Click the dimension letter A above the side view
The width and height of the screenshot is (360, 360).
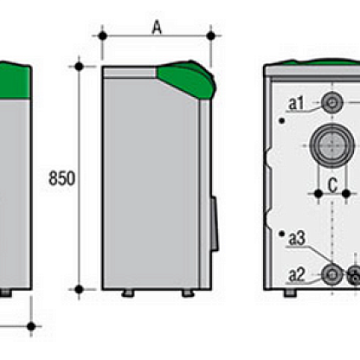point(157,28)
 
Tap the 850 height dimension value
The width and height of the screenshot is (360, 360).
point(62,178)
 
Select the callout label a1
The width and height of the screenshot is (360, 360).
point(296,104)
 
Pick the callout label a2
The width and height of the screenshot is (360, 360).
point(297,275)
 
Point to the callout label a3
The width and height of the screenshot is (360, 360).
point(297,239)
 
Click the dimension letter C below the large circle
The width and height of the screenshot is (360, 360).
point(333,185)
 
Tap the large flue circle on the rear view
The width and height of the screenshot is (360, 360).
point(332,145)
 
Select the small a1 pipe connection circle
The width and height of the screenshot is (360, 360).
point(332,103)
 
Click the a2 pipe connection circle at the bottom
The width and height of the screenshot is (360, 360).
point(332,274)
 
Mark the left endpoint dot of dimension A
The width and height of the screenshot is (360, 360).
point(103,36)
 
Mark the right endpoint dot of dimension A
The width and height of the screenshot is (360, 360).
point(211,36)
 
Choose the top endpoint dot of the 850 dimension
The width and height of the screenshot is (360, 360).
point(79,67)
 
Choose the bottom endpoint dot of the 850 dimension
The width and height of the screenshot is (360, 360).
point(79,289)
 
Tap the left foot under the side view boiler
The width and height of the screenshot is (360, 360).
point(128,293)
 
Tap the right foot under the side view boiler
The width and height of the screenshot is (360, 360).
point(188,293)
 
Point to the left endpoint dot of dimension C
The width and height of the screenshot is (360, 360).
point(318,194)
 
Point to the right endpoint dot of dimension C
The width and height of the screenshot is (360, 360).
point(346,194)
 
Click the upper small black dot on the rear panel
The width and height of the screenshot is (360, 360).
point(282,121)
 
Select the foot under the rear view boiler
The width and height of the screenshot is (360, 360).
point(291,293)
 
